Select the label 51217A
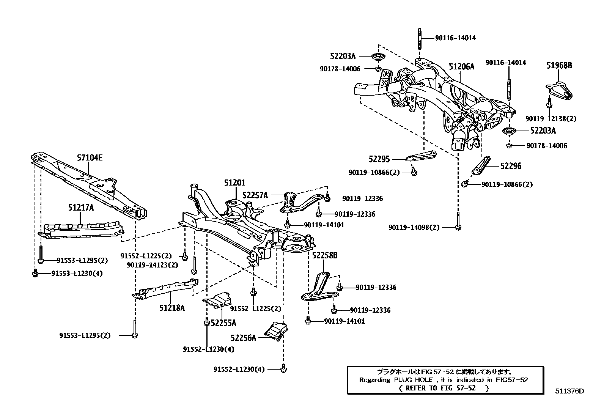[x=81, y=208]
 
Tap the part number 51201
[x=234, y=183]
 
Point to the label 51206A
[x=461, y=67]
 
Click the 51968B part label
[x=559, y=65]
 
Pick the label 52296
[x=511, y=166]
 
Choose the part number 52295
[x=379, y=159]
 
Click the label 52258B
[x=325, y=255]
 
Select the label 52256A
[x=243, y=337]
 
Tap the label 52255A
[x=223, y=323]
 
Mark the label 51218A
[x=172, y=308]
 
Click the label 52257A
[x=255, y=195]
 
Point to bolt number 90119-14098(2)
[x=414, y=227]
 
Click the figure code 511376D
[x=569, y=391]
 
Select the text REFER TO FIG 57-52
[x=444, y=388]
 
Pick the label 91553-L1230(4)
[x=77, y=273]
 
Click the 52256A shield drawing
[x=276, y=331]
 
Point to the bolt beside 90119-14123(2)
[x=193, y=265]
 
